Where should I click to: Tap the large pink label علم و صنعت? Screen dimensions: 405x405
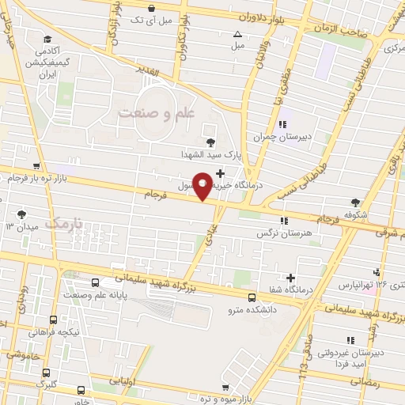point(156,114)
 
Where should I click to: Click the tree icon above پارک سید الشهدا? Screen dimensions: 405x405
point(210,142)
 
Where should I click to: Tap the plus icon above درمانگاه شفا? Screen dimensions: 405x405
point(292,278)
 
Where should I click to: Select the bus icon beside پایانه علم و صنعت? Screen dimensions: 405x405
point(96,282)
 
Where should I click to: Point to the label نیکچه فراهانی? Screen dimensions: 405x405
point(52,332)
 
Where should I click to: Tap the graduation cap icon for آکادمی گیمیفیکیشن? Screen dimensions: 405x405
point(47,39)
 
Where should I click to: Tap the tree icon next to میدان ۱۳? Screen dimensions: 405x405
point(21,214)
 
